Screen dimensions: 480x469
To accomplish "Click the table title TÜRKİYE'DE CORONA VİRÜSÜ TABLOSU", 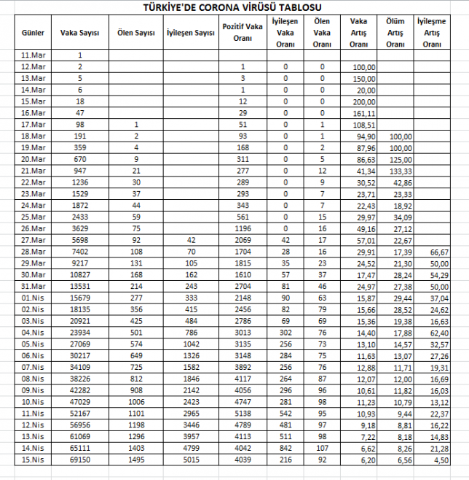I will click(x=234, y=7).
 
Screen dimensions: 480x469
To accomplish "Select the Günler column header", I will click(x=33, y=33).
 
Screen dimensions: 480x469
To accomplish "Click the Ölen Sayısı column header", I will click(x=135, y=33).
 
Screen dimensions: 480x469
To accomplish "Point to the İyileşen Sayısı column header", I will click(x=190, y=33).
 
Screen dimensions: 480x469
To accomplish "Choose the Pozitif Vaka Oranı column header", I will click(x=243, y=33).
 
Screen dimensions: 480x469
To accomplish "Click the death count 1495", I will click(x=135, y=460).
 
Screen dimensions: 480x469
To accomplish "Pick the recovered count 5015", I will click(x=190, y=460).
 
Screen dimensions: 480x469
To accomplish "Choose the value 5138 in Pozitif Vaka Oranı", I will click(x=243, y=414).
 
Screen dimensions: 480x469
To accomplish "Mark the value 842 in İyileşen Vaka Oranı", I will click(x=285, y=448).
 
